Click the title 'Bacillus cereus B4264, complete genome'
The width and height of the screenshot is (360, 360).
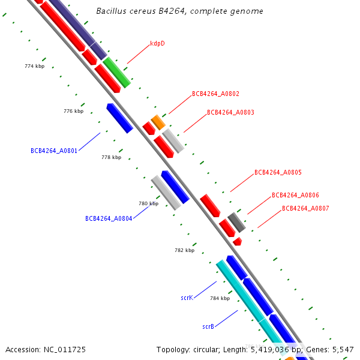pos(179,11)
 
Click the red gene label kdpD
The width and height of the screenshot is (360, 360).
pos(157,44)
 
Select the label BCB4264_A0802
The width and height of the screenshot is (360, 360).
pos(215,94)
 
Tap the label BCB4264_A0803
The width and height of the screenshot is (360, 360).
pos(230,112)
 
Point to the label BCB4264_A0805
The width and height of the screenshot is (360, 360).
pos(278,172)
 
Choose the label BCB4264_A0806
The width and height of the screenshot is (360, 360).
pos(295,195)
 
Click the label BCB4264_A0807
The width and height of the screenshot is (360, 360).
pos(305,208)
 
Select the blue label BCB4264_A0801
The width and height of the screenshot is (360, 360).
pos(54,151)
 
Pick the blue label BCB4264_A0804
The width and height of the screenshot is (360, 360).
pos(109,218)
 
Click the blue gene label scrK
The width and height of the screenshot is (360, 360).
pos(187,298)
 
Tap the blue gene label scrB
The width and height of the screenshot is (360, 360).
pos(208,326)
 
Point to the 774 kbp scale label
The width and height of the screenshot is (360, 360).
pos(35,66)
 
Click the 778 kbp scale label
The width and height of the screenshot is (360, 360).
pos(112,157)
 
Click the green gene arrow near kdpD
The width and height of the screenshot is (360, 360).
pos(116,73)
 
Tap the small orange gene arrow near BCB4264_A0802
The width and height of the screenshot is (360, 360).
pos(158,122)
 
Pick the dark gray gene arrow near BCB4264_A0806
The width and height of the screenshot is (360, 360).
pos(236,222)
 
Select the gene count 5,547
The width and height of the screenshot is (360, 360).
pos(342,349)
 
